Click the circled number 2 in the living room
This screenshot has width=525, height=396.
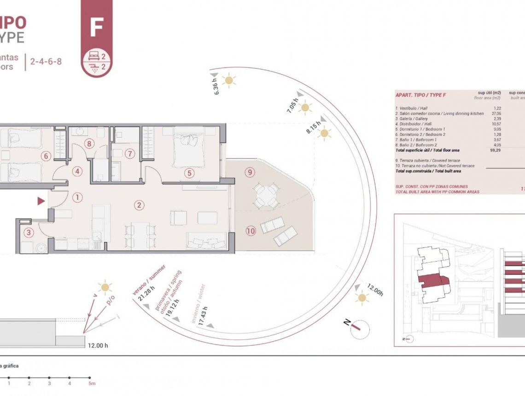coord(139,205)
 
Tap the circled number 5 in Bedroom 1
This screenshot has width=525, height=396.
coord(188,174)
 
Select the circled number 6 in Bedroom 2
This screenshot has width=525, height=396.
coord(45,156)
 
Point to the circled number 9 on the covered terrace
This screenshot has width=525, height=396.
coord(250,172)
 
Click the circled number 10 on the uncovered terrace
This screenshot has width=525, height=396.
coord(251,231)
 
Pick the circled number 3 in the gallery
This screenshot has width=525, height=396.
coord(29,233)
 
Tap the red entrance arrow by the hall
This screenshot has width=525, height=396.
coord(41,201)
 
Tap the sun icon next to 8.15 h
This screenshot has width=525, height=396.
coord(325,134)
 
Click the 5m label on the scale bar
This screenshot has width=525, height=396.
coord(92,383)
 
